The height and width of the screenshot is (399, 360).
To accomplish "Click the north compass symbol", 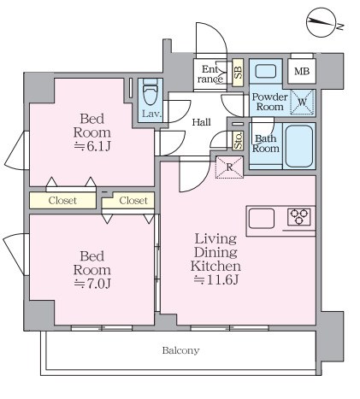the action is tap(322, 22).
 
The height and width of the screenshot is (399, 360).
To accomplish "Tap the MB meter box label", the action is tap(302, 71).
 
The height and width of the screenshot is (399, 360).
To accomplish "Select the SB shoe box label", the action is tap(238, 73).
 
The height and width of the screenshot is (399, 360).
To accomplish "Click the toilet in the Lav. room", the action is tap(150, 92).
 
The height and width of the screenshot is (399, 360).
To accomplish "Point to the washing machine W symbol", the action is tap(302, 102).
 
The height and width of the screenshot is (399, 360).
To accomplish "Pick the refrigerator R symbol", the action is tap(229, 167).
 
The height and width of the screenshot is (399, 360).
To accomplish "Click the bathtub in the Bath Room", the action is tap(299, 146).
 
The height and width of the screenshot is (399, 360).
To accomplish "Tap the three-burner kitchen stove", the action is tap(298, 217).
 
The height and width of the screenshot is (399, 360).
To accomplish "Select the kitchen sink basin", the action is tap(262, 219).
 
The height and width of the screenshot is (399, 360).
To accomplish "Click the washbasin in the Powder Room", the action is tap(266, 71).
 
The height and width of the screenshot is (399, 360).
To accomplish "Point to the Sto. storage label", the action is tap(239, 141).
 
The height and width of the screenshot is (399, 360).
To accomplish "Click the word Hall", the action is tap(201, 122).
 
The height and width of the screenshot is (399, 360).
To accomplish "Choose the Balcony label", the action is tap(180, 350).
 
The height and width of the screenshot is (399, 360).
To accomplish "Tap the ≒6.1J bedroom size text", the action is tap(91, 146).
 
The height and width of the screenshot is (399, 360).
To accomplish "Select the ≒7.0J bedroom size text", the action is tap(91, 284).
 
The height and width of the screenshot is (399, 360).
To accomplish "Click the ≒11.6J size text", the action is tap(215, 280).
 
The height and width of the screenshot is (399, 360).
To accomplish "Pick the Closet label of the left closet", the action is tap(62, 201).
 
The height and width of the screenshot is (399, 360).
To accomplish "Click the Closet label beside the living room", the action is tap(133, 201).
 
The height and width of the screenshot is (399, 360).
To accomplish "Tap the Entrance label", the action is tap(210, 74).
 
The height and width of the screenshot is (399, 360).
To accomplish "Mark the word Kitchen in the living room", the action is tap(215, 266).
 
